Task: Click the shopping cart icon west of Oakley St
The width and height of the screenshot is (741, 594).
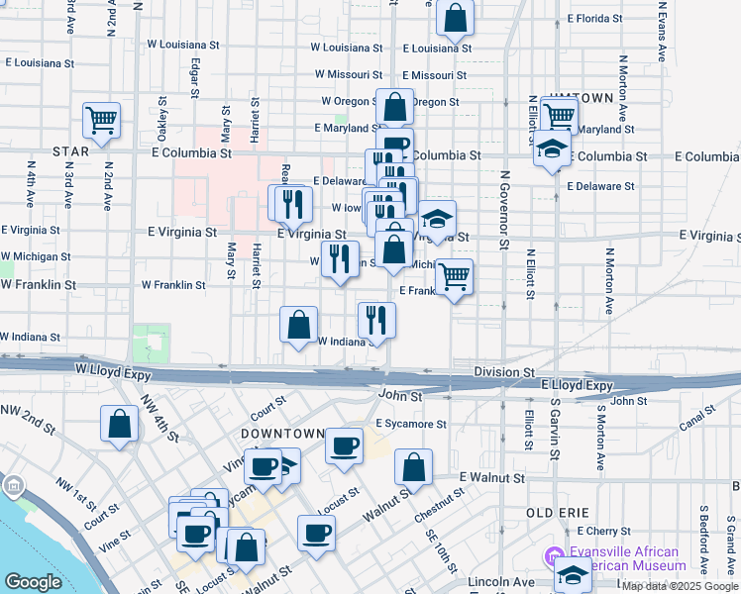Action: pyautogui.click(x=102, y=121)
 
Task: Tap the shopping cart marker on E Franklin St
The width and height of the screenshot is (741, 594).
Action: pyautogui.click(x=454, y=278)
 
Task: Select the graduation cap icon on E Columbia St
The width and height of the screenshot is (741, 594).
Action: pyautogui.click(x=553, y=150)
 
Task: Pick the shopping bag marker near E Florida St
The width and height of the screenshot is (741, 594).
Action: pyautogui.click(x=455, y=17)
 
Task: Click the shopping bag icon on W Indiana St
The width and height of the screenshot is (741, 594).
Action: pyautogui.click(x=299, y=324)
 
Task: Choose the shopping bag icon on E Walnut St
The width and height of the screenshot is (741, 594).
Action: pyautogui.click(x=413, y=467)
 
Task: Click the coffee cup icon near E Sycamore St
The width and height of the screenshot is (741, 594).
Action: pyautogui.click(x=344, y=445)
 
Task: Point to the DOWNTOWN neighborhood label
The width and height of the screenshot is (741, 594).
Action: pyautogui.click(x=282, y=434)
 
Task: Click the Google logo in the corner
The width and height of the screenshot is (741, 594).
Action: pyautogui.click(x=33, y=582)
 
